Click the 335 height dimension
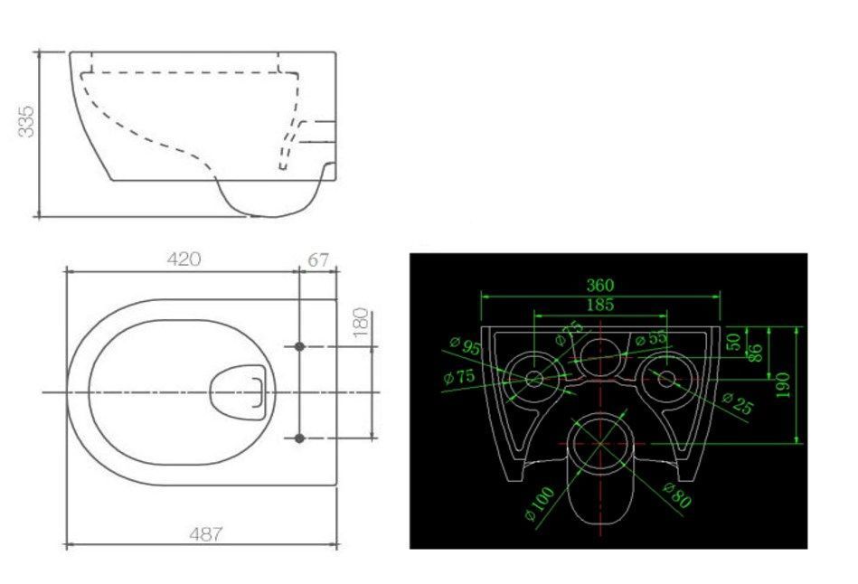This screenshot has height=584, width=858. tap(26, 121)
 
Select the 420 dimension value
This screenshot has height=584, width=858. tap(184, 259)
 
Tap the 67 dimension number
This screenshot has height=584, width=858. tap(318, 260)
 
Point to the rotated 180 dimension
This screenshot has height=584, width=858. tap(360, 323)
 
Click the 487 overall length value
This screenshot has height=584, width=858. tap(206, 533)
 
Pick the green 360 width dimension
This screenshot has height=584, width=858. tap(600, 285)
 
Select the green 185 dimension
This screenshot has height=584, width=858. tap(600, 305)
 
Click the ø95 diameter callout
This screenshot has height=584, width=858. tap(466, 346)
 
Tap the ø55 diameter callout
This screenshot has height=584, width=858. tap(652, 339)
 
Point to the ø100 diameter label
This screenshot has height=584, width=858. tap(540, 504)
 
